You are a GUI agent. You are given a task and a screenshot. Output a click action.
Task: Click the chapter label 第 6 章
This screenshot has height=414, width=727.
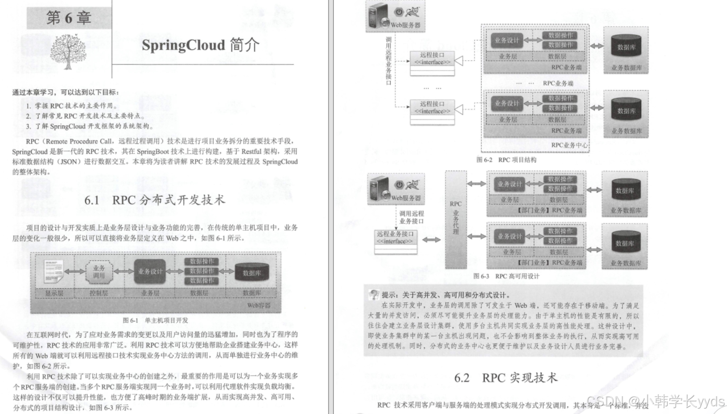[x=68, y=18]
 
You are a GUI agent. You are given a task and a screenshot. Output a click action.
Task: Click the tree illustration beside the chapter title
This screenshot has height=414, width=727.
[x=68, y=51]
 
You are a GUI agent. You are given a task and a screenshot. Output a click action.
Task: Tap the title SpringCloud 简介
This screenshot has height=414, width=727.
[x=200, y=45]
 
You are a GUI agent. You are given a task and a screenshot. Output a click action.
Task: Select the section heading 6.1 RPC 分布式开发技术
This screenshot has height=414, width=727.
[x=154, y=200]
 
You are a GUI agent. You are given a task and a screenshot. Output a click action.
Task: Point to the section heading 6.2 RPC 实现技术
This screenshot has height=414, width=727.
[x=505, y=378]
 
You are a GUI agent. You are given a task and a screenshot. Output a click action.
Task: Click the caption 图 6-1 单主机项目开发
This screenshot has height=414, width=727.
[x=155, y=320]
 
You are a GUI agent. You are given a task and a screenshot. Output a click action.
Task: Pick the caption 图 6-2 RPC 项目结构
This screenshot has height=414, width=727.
[x=506, y=160]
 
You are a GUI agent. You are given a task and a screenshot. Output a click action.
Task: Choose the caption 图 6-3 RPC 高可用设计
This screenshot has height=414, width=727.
[x=506, y=276]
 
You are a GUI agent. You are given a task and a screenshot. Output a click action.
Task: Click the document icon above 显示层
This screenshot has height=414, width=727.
[x=53, y=271]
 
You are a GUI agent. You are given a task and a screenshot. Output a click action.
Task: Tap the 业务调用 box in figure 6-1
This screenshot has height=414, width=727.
[x=99, y=271]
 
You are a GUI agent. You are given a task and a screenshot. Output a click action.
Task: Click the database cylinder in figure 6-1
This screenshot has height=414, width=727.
[x=251, y=272]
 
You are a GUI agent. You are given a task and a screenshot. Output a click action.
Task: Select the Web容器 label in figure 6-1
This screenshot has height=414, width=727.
[x=259, y=305]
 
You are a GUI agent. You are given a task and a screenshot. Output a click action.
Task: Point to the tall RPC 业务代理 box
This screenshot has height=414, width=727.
[x=456, y=219]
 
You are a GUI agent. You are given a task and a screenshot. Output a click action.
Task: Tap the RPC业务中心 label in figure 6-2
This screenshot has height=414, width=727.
[x=569, y=145]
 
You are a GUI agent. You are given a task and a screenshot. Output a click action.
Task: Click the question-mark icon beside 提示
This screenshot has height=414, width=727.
[x=374, y=294]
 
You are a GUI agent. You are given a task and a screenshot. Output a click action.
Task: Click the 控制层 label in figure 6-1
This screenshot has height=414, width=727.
[x=99, y=293]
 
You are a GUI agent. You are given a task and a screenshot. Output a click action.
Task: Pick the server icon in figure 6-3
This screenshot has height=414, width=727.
[x=380, y=188]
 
